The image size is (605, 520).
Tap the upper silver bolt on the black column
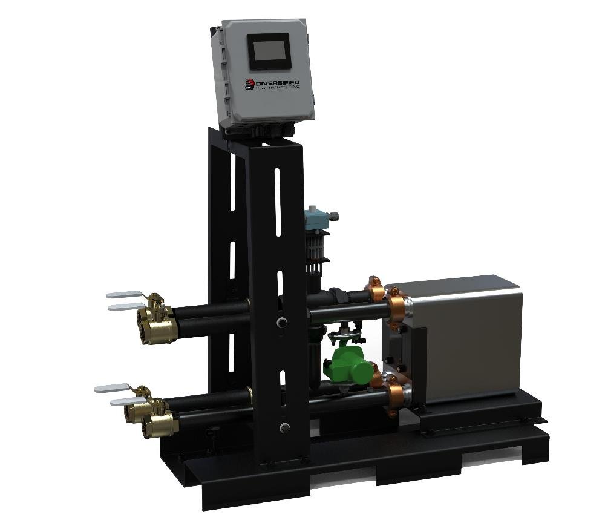[281, 322]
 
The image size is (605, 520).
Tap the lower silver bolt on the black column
[284, 428]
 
